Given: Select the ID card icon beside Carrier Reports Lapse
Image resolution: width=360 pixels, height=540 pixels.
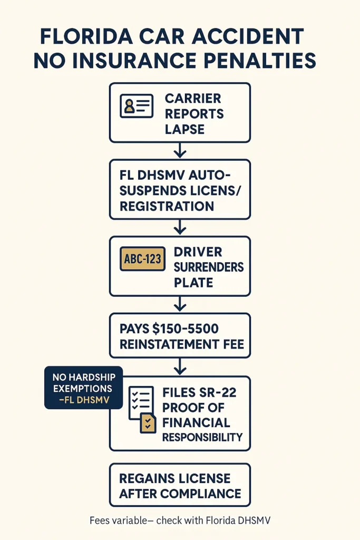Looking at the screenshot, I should click(x=137, y=105).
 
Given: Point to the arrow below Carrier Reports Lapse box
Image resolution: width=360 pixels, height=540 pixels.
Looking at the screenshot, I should click(x=180, y=151).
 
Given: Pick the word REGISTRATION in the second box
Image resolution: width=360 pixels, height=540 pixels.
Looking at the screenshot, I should click(x=167, y=206).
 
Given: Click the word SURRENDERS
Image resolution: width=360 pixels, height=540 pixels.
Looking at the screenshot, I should click(x=209, y=267).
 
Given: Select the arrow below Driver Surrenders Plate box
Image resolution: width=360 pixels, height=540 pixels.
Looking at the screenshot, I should click(x=180, y=304).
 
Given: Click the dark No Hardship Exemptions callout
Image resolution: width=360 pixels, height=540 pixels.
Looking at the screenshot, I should click(x=83, y=388).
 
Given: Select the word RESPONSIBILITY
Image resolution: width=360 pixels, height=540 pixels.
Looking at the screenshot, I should click(x=202, y=437).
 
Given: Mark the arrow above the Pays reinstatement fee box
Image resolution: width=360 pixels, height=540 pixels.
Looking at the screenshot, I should click(x=180, y=304).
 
